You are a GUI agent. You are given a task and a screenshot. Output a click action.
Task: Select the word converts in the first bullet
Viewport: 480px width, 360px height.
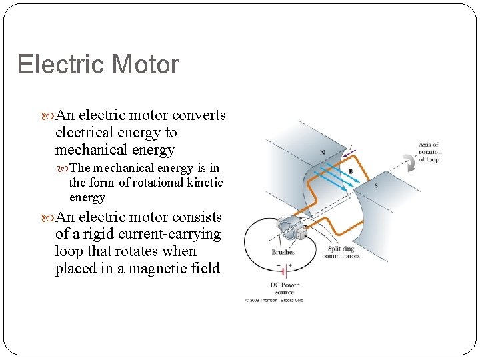point(199,115)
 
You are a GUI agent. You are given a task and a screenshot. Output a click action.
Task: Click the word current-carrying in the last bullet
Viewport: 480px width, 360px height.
point(170,234)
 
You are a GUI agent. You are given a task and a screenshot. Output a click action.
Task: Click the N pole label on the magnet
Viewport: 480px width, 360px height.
point(323,153)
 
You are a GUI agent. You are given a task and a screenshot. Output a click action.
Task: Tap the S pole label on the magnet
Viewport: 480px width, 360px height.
point(375,185)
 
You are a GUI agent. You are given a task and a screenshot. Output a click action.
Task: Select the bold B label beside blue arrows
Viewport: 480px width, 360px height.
point(351,171)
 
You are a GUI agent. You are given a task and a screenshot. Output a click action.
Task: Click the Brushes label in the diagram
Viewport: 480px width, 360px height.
point(283,252)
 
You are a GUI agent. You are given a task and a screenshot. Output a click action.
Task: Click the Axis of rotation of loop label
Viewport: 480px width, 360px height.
point(430,152)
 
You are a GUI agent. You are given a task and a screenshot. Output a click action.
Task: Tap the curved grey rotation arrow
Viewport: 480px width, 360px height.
point(407,160)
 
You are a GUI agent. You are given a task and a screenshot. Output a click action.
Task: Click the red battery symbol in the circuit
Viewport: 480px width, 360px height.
point(283,270)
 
